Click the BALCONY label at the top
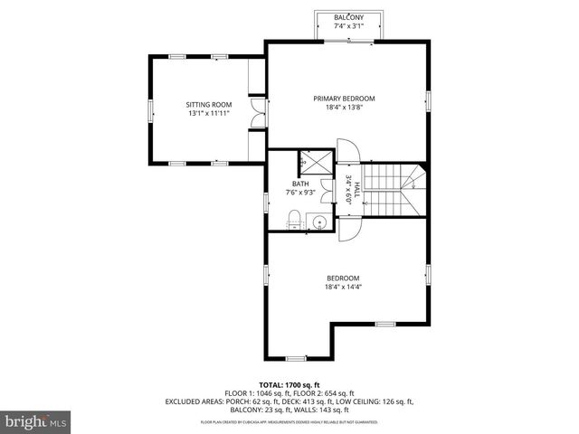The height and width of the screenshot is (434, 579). click(348, 18)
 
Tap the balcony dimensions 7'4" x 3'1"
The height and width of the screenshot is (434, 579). click(348, 26)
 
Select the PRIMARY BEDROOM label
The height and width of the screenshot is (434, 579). click(344, 99)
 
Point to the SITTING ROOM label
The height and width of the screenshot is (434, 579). click(203, 105)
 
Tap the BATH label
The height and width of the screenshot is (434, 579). click(299, 184)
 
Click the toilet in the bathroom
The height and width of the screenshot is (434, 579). click(294, 216)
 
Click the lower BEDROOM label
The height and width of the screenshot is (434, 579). click(344, 278)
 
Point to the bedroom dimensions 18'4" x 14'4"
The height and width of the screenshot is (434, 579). click(344, 288)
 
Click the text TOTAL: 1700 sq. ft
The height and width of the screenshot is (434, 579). click(289, 384)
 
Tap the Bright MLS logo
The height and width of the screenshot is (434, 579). click(36, 420)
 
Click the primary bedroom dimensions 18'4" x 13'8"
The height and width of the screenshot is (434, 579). click(344, 108)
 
